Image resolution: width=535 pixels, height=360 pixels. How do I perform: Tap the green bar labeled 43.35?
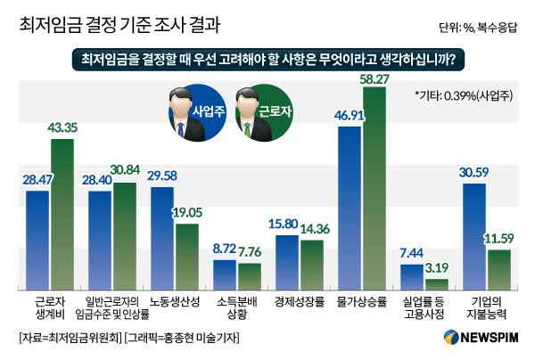pyautogui.click(x=62, y=214)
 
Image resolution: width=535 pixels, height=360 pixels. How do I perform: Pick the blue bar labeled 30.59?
pyautogui.click(x=473, y=236)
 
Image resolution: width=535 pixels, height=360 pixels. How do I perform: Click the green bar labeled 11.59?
pyautogui.click(x=498, y=269)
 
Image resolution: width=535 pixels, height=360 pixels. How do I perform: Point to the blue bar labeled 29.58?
pyautogui.click(x=162, y=238)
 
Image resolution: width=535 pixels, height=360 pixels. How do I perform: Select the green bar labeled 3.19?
pyautogui.click(x=436, y=284)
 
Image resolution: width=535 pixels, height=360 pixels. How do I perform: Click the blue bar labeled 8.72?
pyautogui.click(x=225, y=274)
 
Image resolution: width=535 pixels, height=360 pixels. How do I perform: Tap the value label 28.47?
pyautogui.click(x=37, y=181)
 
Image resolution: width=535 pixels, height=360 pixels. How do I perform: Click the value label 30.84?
pyautogui.click(x=124, y=169)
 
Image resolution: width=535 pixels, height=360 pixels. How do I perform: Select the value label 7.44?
pyautogui.click(x=411, y=253)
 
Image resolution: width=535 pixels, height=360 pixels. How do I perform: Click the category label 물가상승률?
pyautogui.click(x=361, y=301)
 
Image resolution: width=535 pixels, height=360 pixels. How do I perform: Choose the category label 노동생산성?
pyautogui.click(x=174, y=301)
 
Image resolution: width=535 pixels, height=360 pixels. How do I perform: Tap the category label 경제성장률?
pyautogui.click(x=299, y=301)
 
